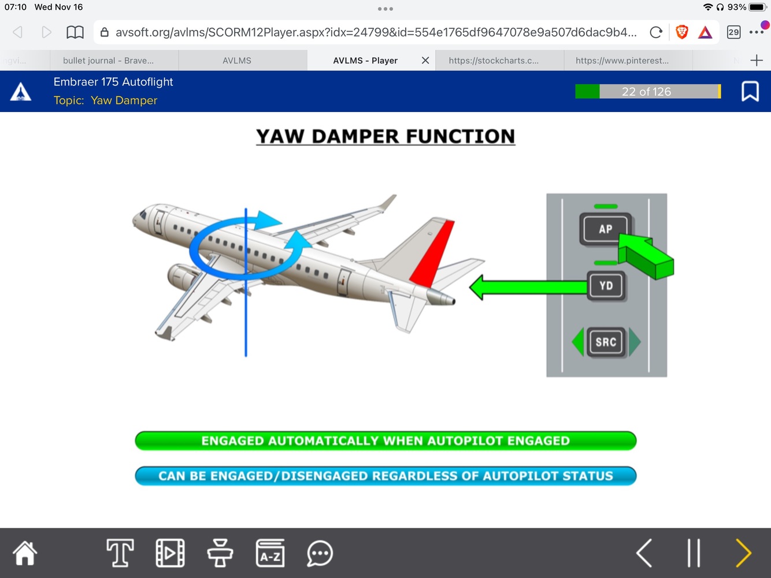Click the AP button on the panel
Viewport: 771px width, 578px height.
605,229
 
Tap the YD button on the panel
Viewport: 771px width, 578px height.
606,286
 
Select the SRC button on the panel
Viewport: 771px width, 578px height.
606,342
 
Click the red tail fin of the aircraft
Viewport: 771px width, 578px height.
433,254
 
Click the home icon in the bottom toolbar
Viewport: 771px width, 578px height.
25,553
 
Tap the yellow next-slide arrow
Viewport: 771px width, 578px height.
743,553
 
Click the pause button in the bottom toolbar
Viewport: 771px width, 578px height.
694,553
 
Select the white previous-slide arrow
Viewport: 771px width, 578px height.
644,553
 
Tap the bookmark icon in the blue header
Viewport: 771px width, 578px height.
750,91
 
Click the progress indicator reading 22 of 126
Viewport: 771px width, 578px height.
647,91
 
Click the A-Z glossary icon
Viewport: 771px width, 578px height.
270,553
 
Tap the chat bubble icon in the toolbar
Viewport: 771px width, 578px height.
320,553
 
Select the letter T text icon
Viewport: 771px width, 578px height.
120,553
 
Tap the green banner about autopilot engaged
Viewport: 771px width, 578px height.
385,441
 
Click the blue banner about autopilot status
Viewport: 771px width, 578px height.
385,476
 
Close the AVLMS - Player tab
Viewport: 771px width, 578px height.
425,61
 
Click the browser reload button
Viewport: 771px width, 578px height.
655,32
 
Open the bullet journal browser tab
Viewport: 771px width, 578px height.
108,61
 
